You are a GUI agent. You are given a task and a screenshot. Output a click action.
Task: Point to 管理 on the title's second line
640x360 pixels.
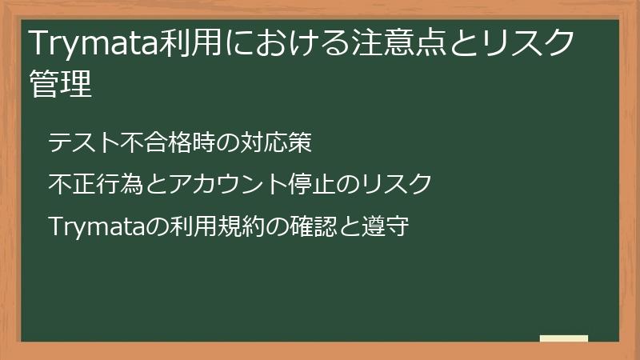[61, 83]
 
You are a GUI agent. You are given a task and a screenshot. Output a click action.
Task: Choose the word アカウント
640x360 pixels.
[227, 185]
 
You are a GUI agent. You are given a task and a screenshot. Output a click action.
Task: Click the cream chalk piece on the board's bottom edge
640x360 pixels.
[564, 339]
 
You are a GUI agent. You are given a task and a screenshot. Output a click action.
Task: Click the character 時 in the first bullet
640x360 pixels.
[204, 143]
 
